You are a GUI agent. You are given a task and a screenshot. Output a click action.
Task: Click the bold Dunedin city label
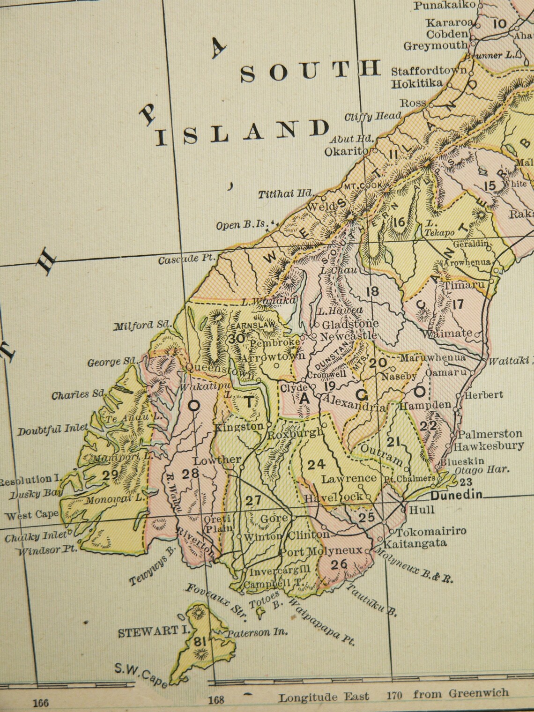click(x=456, y=495)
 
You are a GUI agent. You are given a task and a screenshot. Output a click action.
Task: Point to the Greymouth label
click(x=436, y=45)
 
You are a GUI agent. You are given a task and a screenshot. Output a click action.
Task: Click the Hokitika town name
click(x=417, y=83)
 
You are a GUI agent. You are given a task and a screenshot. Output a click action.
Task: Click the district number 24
click(x=316, y=464)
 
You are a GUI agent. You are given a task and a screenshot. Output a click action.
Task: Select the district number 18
click(x=372, y=292)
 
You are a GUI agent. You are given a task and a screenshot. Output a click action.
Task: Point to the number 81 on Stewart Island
click(x=200, y=643)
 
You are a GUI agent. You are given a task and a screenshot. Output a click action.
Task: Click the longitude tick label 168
click(x=216, y=700)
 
